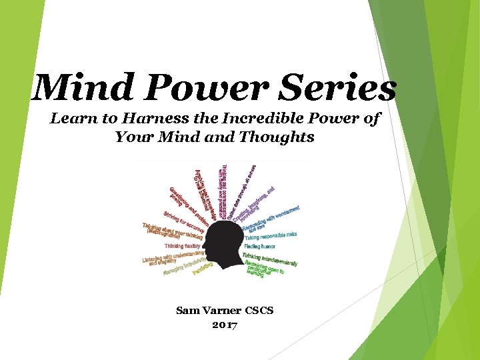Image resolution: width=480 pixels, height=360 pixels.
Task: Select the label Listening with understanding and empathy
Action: tap(173, 258)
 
